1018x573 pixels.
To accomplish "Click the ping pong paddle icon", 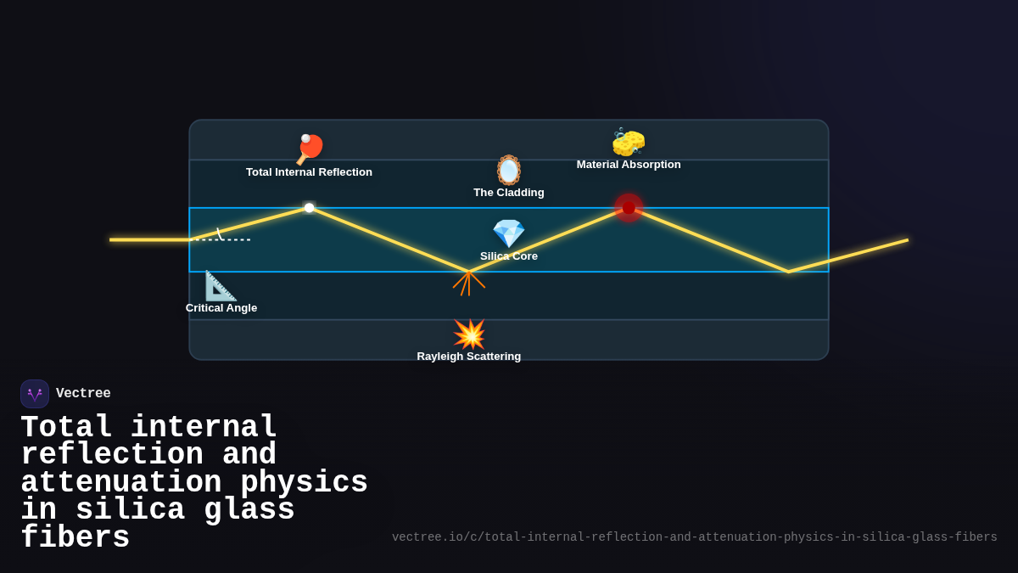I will (310, 149).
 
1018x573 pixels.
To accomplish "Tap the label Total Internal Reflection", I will (309, 172).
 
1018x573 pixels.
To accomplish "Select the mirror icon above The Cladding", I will (509, 170).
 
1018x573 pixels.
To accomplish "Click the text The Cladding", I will (509, 193).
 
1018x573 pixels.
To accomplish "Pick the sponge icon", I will (629, 142).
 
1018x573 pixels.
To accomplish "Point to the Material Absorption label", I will (629, 165).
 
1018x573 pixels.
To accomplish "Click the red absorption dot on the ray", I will (629, 207).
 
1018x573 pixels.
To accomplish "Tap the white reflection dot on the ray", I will (310, 207).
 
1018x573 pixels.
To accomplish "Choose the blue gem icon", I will (509, 233).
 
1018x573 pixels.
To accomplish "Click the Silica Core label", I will (509, 256).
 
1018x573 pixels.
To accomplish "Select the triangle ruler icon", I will (221, 286).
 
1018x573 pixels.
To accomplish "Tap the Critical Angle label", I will (221, 308).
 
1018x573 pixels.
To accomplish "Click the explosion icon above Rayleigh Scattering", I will (469, 334).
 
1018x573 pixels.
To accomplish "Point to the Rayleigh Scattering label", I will (469, 357).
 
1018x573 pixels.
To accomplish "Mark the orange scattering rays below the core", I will (469, 283).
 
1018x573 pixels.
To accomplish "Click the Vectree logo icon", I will (35, 394).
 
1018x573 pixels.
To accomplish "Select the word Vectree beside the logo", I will (83, 394).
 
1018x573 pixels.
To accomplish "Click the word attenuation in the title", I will (120, 483).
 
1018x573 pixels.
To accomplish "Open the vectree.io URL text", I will (694, 537).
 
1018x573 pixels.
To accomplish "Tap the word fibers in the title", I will (75, 538).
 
